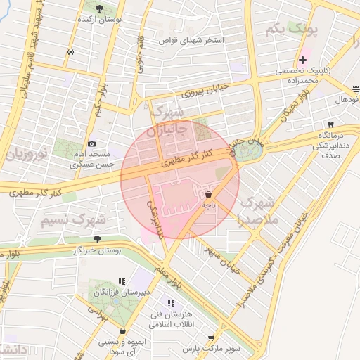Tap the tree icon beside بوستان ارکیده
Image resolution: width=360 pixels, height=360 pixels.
tap(98, 8)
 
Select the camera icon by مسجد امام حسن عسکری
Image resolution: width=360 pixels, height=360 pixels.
tap(91, 143)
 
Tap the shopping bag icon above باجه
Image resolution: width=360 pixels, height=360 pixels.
tap(208, 194)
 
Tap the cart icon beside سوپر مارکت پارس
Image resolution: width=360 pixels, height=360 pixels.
tap(210, 338)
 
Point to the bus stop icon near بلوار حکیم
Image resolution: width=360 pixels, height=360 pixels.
tap(70, 52)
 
